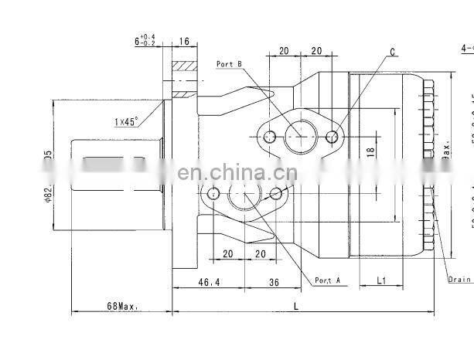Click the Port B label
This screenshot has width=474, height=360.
(230, 63)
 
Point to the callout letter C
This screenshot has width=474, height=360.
(392, 53)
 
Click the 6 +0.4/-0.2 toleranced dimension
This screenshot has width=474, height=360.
(145, 41)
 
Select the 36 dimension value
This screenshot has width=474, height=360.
(273, 284)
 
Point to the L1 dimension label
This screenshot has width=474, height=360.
(381, 280)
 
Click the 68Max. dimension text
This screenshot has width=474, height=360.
(122, 306)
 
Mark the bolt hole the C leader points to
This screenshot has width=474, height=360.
(332, 138)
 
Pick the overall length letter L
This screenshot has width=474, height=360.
(297, 306)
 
